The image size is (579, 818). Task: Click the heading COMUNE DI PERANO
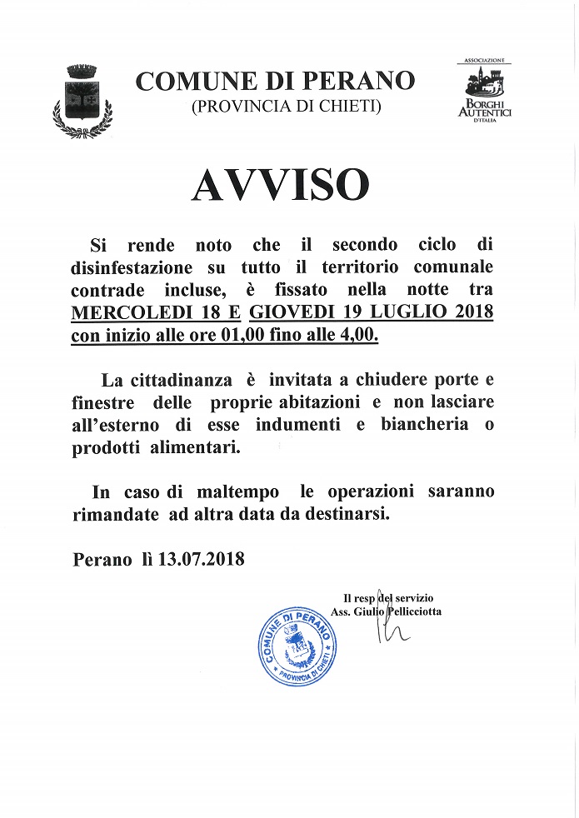275,82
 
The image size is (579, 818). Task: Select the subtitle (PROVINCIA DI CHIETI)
275,106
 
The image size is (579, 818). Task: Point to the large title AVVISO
280,185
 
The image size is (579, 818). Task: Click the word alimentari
203,447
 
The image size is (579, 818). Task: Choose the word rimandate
115,514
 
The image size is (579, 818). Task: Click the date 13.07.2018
201,559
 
